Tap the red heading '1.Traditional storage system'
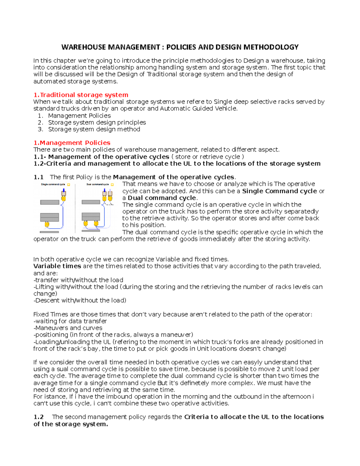[81, 95]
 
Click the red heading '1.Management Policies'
[72, 143]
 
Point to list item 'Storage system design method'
[94, 129]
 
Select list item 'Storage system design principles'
[97, 122]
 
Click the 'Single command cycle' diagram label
[53, 185]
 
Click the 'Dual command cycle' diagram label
[97, 185]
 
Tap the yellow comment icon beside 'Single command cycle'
[69, 185]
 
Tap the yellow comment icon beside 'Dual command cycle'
[112, 185]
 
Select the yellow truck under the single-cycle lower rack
[47, 224]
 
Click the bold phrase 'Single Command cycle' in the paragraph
[279, 191]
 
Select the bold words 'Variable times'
[57, 266]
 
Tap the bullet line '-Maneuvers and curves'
[68, 328]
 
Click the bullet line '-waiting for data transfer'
[70, 321]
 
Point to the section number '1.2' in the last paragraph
[39, 417]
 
